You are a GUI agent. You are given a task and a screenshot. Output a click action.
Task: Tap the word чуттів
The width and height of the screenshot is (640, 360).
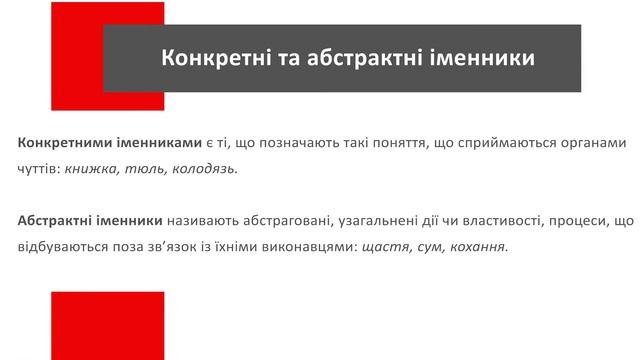(37, 169)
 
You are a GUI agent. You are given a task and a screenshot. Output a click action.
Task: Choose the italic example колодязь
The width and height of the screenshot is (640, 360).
(205, 169)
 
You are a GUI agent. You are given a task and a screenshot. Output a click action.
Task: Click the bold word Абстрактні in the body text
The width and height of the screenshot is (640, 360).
(55, 220)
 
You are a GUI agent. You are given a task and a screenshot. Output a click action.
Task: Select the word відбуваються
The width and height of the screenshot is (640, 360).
(60, 246)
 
